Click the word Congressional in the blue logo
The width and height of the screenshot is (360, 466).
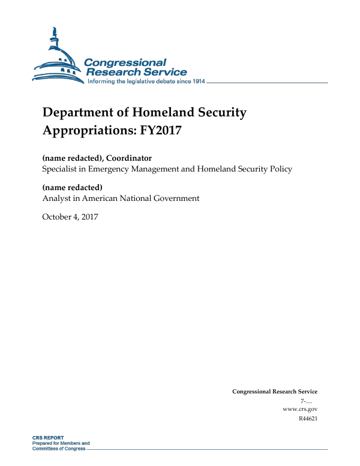click(x=125, y=63)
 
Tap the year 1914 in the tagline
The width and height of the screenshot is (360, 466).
click(x=195, y=81)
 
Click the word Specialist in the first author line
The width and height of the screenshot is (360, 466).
click(x=61, y=169)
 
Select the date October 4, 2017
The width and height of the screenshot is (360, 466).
click(x=70, y=216)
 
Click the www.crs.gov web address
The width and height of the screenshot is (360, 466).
click(x=299, y=408)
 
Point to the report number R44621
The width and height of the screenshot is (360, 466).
click(x=307, y=418)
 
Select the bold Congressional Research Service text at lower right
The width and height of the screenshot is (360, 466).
click(x=274, y=392)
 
